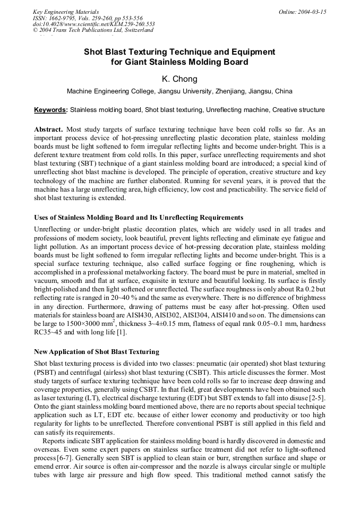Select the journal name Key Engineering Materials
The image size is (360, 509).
pyautogui.click(x=66, y=12)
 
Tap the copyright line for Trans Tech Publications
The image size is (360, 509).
pyautogui.click(x=93, y=30)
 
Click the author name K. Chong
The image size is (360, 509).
pyautogui.click(x=179, y=79)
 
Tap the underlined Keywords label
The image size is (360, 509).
pyautogui.click(x=51, y=110)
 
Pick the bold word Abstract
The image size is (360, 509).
pyautogui.click(x=48, y=130)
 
